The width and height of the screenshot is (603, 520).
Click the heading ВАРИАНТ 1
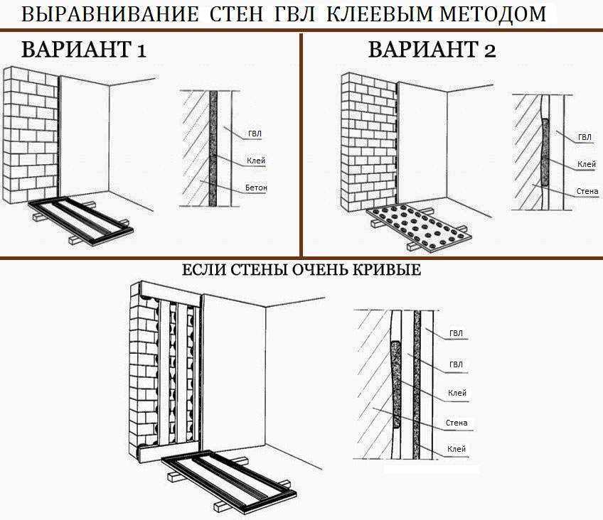pyautogui.click(x=84, y=50)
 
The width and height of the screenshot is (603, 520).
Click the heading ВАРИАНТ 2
pyautogui.click(x=432, y=50)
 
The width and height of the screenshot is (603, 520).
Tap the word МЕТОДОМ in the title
pyautogui.click(x=493, y=14)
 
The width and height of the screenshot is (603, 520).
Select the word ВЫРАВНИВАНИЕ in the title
pyautogui.click(x=110, y=14)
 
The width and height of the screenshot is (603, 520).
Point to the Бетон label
pyautogui.click(x=256, y=188)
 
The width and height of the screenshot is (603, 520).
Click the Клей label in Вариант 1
pyautogui.click(x=256, y=161)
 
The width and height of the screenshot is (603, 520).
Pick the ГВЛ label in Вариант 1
pyautogui.click(x=255, y=134)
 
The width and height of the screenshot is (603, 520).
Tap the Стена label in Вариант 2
pyautogui.click(x=587, y=191)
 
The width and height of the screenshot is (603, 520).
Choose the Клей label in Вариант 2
pyautogui.click(x=587, y=164)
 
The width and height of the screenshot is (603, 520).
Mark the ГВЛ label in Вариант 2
pyautogui.click(x=585, y=138)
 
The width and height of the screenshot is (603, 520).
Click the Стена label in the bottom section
pyautogui.click(x=457, y=423)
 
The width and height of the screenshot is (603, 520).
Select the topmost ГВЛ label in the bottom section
pyautogui.click(x=456, y=333)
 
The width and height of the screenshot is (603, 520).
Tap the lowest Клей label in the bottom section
pyautogui.click(x=457, y=448)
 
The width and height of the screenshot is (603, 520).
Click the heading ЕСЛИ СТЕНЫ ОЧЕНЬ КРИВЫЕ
pyautogui.click(x=301, y=270)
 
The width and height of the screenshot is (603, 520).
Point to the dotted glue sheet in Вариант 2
pyautogui.click(x=418, y=227)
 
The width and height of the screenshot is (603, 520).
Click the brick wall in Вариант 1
pyautogui.click(x=31, y=134)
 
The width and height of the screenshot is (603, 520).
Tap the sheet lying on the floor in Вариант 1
pyautogui.click(x=81, y=220)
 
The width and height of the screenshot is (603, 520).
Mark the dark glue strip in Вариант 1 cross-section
pyautogui.click(x=213, y=148)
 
